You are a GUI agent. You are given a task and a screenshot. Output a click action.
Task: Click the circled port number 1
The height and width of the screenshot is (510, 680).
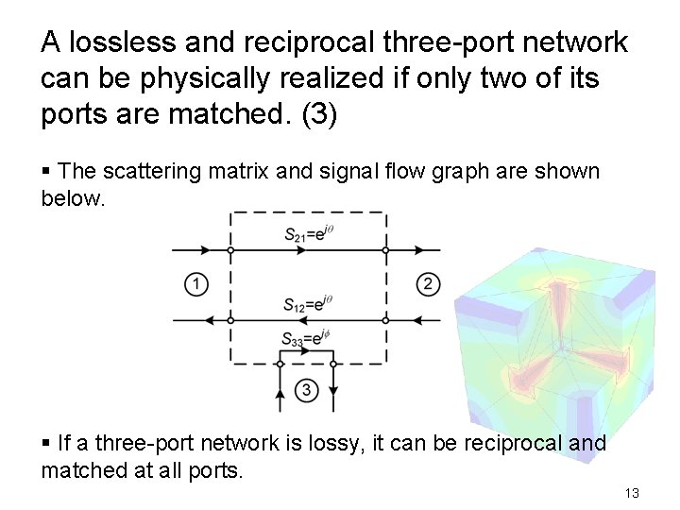[196, 283]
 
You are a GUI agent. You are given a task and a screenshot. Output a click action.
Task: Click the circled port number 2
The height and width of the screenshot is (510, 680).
[428, 283]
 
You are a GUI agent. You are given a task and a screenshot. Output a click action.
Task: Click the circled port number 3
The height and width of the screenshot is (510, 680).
[306, 389]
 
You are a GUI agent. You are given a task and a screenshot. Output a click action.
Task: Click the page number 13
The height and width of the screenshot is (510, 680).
[632, 493]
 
